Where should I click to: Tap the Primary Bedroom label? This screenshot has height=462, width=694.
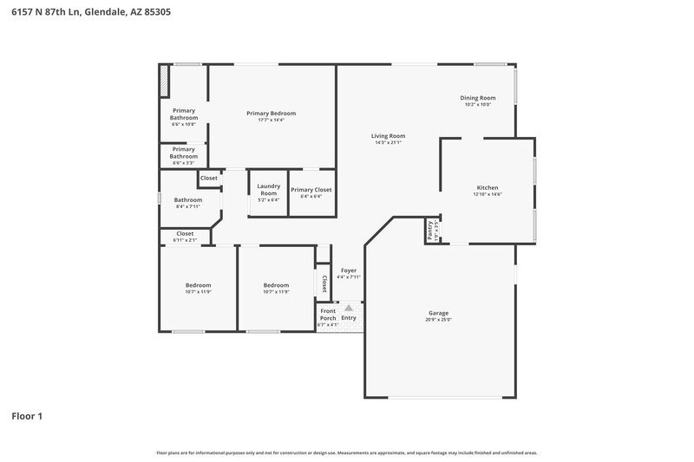pyautogui.click(x=271, y=114)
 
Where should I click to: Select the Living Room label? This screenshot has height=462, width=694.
pyautogui.click(x=388, y=136)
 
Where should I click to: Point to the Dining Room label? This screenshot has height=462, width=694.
pyautogui.click(x=477, y=98)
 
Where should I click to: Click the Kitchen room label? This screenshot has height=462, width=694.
pyautogui.click(x=488, y=188)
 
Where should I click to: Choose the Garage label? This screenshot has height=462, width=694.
pyautogui.click(x=438, y=313)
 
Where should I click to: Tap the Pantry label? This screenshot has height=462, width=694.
pyautogui.click(x=429, y=230)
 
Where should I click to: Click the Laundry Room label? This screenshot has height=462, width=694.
pyautogui.click(x=269, y=189)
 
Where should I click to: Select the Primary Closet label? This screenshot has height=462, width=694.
pyautogui.click(x=311, y=190)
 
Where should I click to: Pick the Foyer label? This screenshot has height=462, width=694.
pyautogui.click(x=349, y=270)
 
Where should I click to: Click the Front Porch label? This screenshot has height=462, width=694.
pyautogui.click(x=328, y=315)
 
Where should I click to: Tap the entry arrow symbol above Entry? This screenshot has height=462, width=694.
pyautogui.click(x=349, y=308)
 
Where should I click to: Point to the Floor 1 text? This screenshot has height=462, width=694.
pyautogui.click(x=27, y=416)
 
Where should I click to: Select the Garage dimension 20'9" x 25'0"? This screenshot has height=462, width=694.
pyautogui.click(x=438, y=319)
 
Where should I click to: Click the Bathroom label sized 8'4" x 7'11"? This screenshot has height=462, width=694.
pyautogui.click(x=188, y=200)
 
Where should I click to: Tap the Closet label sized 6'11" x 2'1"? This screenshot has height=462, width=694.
pyautogui.click(x=185, y=233)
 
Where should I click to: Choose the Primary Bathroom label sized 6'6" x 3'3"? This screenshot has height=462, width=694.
pyautogui.click(x=183, y=153)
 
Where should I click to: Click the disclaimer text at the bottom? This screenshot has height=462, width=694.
pyautogui.click(x=347, y=452)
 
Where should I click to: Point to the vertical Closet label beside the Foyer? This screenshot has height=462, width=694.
pyautogui.click(x=324, y=284)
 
